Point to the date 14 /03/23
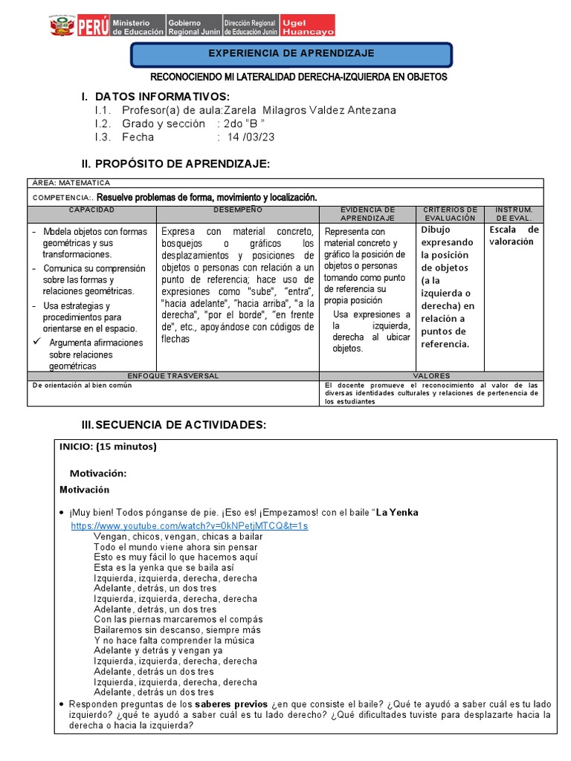coord(248,137)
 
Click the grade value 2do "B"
coord(244,123)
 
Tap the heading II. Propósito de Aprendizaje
coord(175,163)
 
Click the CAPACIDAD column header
coord(91,210)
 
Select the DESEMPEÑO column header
coord(236,210)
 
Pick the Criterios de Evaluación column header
coord(449,214)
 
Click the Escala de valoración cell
coord(514,236)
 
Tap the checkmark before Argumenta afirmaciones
coord(36,343)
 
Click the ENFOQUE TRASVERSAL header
coord(172,376)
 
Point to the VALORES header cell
coord(431,376)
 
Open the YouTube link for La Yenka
coord(189,525)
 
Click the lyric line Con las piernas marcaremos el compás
coord(178,619)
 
